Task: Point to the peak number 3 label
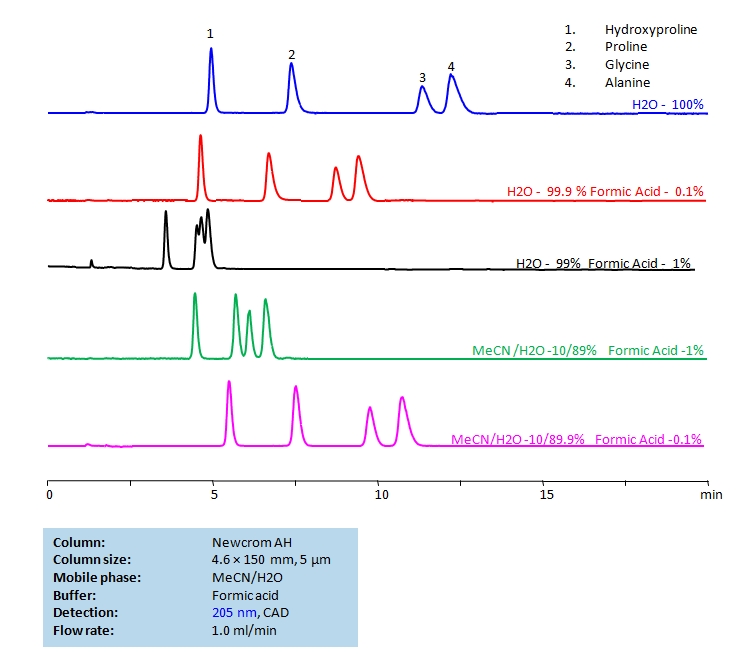coord(422,77)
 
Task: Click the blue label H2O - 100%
coord(668,104)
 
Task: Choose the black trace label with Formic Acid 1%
coord(603,264)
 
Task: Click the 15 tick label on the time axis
coord(545,494)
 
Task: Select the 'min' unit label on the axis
coord(711,494)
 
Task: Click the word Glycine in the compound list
coord(627,65)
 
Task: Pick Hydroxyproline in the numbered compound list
coord(651,29)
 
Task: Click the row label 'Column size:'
coord(91,559)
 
